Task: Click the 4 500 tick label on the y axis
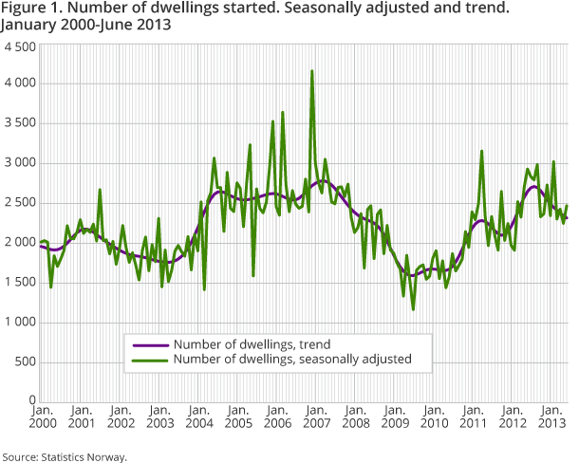(19, 46)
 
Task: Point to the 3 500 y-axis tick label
(19, 123)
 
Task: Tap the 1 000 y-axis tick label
(19, 323)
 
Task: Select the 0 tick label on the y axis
(31, 402)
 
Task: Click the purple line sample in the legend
(148, 344)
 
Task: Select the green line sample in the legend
(148, 359)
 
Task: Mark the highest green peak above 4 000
(312, 71)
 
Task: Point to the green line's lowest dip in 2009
(413, 308)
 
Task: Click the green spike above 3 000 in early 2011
(482, 151)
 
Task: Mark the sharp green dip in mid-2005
(253, 275)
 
